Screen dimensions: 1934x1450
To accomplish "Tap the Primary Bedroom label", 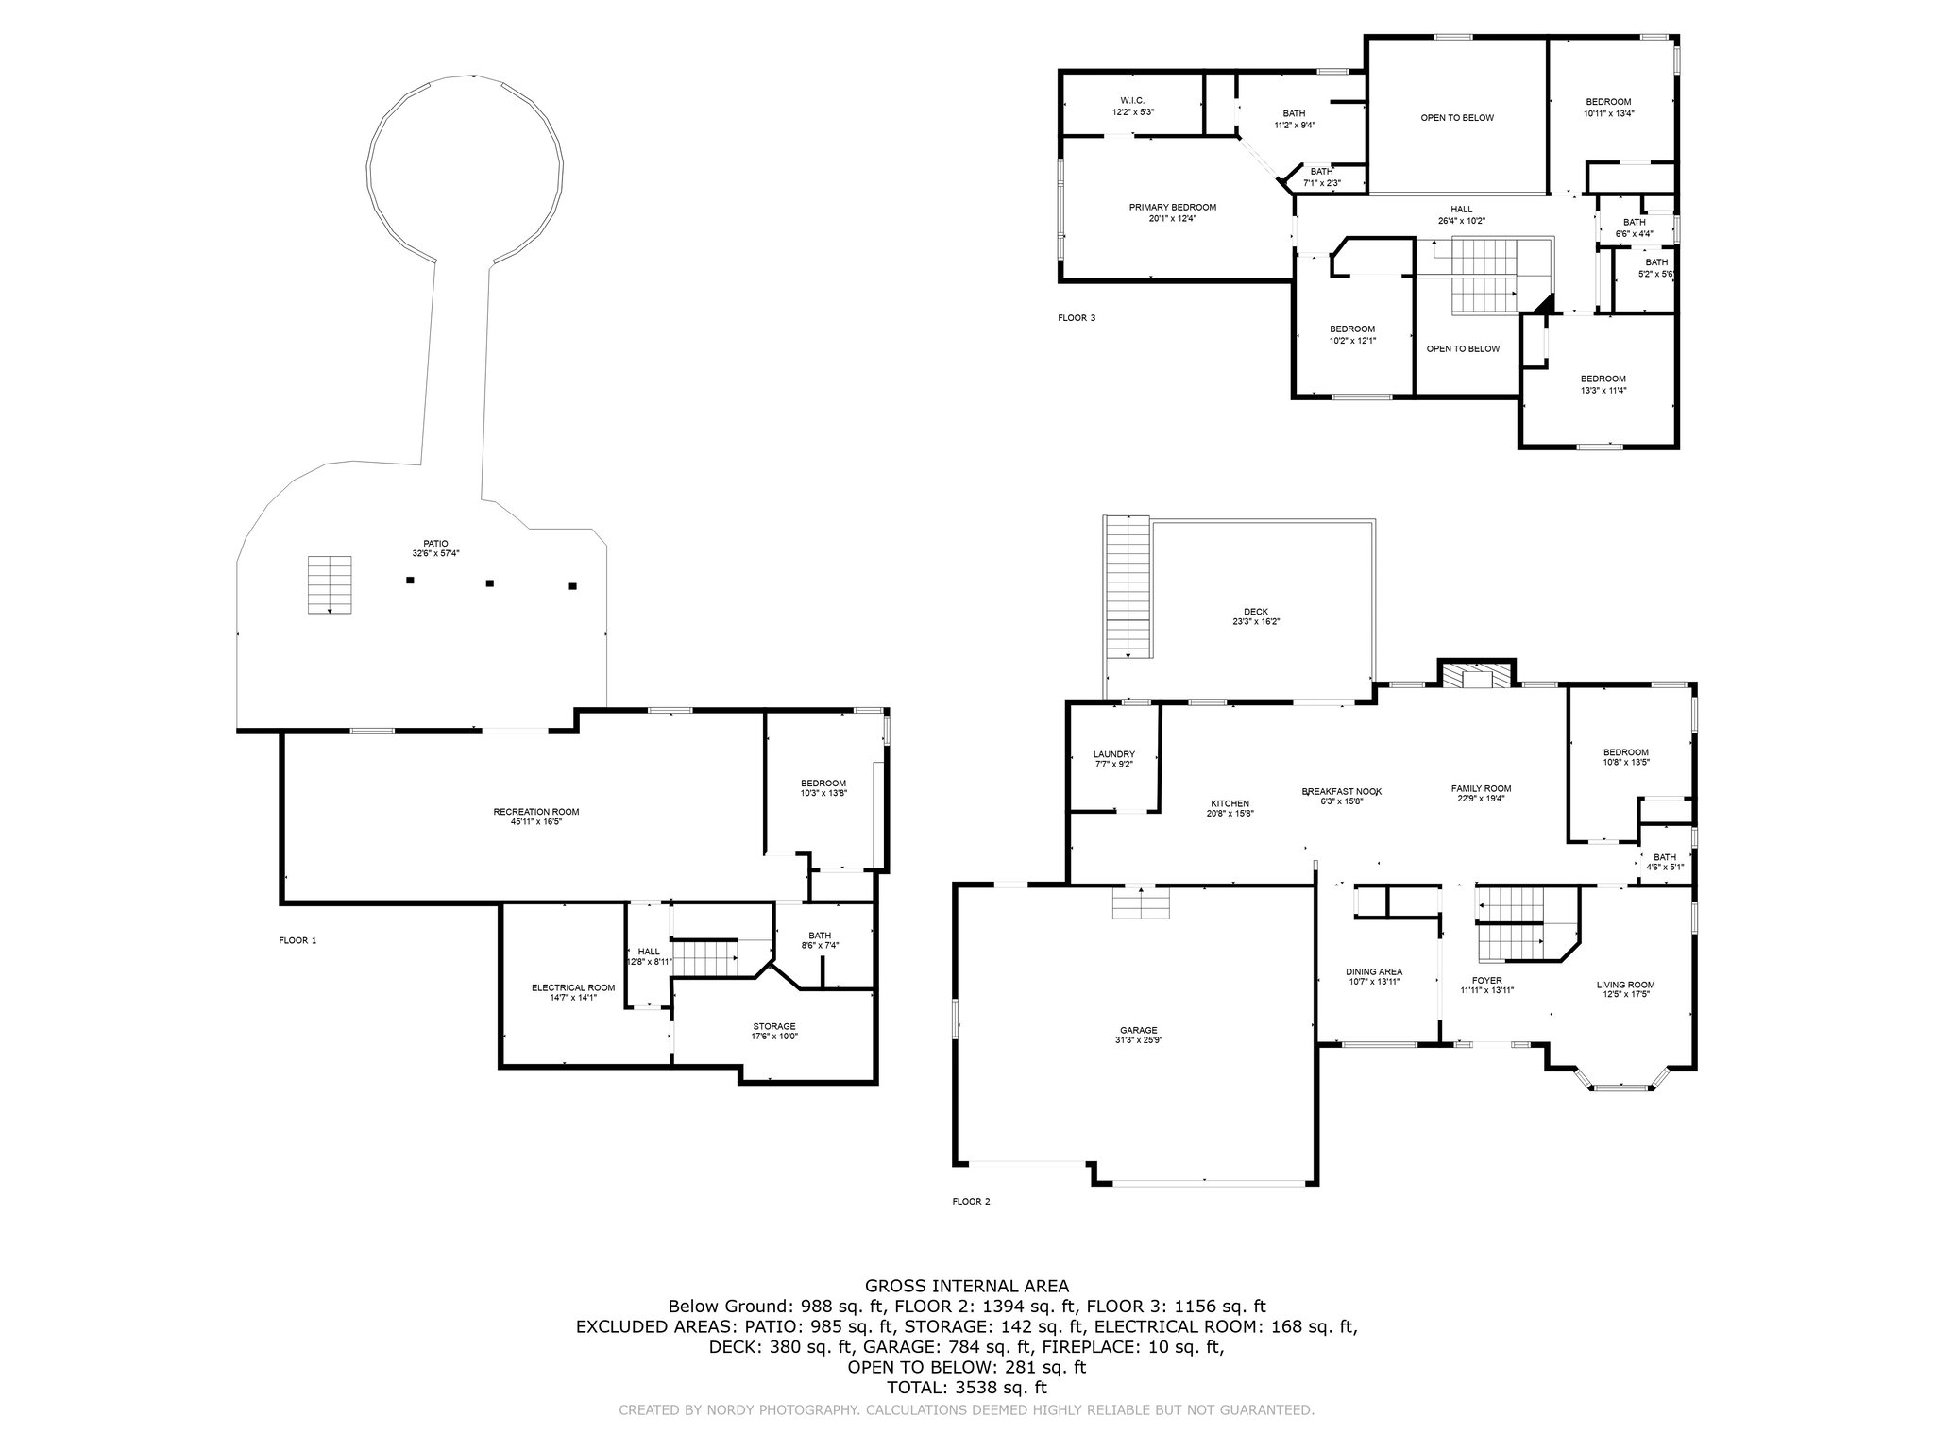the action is [1173, 212].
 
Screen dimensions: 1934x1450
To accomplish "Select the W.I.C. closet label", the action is [1133, 106].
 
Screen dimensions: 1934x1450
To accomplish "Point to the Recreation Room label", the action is [536, 817].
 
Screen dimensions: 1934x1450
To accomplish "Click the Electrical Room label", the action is [573, 992].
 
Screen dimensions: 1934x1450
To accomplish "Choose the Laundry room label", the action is [1114, 759].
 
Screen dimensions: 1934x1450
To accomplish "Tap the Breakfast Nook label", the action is [1342, 796].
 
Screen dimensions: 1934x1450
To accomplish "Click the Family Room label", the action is [1482, 793].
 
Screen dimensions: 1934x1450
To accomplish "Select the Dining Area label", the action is [1374, 976].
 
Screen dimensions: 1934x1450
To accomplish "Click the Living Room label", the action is [1626, 989].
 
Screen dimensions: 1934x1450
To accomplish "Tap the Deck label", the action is [1256, 615].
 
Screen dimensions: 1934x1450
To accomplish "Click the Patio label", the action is [435, 548].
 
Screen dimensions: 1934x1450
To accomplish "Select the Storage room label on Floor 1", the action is [774, 1031].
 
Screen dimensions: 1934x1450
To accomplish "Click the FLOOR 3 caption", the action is [1077, 318].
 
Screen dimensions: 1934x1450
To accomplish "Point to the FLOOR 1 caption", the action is [298, 940].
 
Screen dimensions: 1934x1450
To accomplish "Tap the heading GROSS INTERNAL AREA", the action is [967, 1286].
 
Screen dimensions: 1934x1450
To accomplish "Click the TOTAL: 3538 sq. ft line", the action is [967, 1388].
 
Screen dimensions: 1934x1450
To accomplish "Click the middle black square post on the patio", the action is [489, 583].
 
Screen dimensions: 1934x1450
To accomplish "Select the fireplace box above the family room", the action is [1477, 674].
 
